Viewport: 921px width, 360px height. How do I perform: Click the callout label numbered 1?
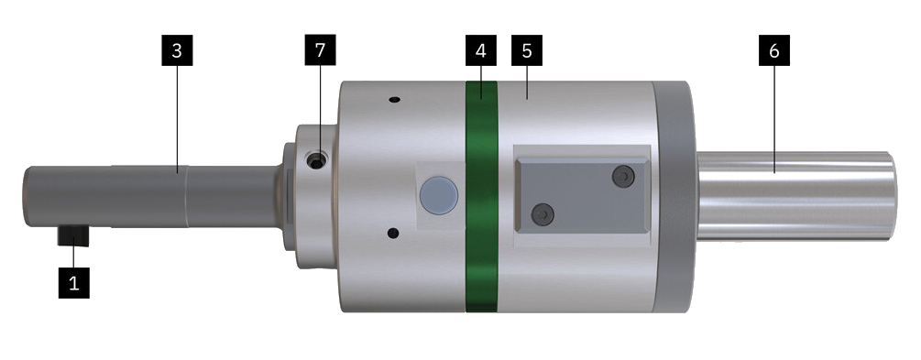click(x=74, y=283)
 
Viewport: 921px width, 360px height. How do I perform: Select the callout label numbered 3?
click(x=177, y=50)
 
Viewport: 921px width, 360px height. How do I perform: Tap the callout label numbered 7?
click(x=320, y=50)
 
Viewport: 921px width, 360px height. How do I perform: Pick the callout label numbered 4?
click(x=481, y=50)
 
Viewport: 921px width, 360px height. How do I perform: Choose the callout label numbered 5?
click(x=527, y=50)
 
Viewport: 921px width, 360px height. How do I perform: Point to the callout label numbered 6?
click(x=774, y=50)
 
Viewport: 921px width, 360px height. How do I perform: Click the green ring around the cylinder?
click(x=482, y=197)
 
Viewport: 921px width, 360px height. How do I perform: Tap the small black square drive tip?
click(x=73, y=236)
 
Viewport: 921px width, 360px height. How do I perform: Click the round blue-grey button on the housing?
click(x=439, y=195)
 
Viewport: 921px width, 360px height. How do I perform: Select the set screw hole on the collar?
click(x=318, y=160)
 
